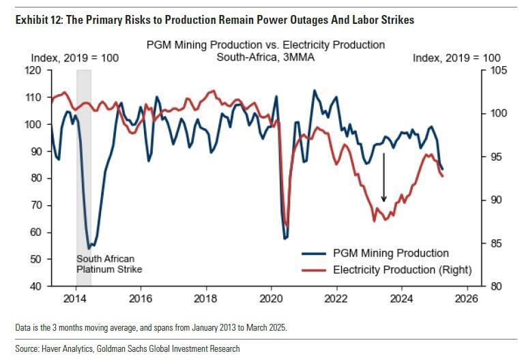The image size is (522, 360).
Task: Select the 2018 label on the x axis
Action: tap(205, 298)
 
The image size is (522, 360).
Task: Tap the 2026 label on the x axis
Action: tap(467, 298)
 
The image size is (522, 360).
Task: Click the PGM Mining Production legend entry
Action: tap(390, 254)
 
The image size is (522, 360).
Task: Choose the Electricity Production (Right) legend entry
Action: tap(402, 270)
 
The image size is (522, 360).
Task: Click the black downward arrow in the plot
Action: tap(384, 177)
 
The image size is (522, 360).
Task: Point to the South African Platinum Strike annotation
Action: tap(109, 264)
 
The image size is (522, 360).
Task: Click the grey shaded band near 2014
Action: tap(84, 170)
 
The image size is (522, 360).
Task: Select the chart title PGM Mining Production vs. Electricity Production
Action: tap(266, 45)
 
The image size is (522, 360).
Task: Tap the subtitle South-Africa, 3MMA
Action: tap(266, 57)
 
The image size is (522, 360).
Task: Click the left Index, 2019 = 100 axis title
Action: tap(75, 58)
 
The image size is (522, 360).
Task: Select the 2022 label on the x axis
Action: tap(336, 298)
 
